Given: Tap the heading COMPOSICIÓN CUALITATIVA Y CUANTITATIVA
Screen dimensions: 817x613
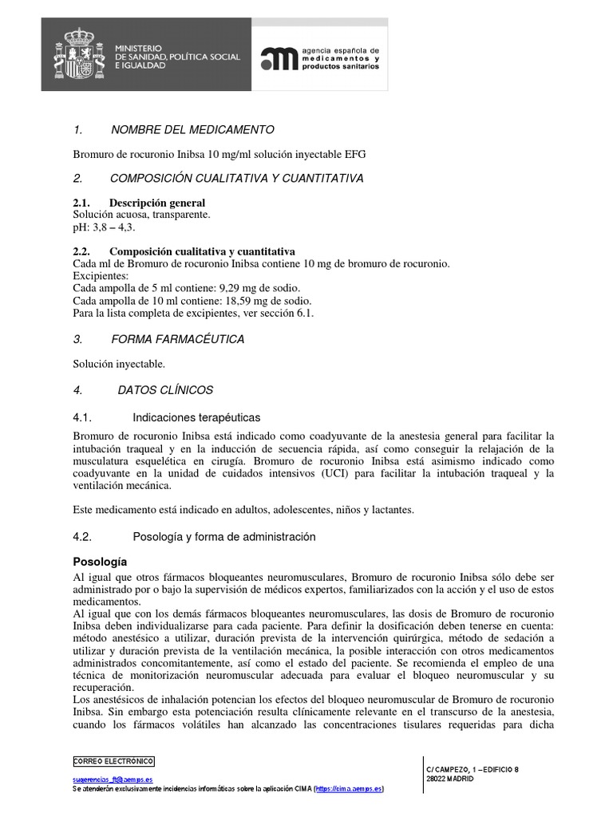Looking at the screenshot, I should pos(236,178).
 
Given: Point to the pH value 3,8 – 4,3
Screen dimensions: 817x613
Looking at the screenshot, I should pos(111,227).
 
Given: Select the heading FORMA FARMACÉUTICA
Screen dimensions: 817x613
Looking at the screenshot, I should pos(177,339).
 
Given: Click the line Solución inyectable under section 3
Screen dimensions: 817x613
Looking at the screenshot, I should pos(119,364).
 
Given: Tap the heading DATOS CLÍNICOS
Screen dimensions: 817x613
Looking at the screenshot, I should pos(165,390).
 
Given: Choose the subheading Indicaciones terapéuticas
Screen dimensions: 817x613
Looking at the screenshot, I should pos(196,417).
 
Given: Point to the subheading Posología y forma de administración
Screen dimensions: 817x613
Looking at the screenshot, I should pos(223,537).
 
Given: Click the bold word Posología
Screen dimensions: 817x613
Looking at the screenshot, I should pos(100,561).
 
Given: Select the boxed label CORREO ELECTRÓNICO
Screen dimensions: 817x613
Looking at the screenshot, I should pos(113,761).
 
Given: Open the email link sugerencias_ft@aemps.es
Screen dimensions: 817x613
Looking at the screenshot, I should pos(113,780).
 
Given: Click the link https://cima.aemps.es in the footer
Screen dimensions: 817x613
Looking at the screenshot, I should pos(349,788).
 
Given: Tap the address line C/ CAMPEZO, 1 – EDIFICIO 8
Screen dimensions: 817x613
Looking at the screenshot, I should pos(473,769).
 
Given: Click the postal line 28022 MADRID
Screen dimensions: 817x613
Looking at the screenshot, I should pos(450,779).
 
